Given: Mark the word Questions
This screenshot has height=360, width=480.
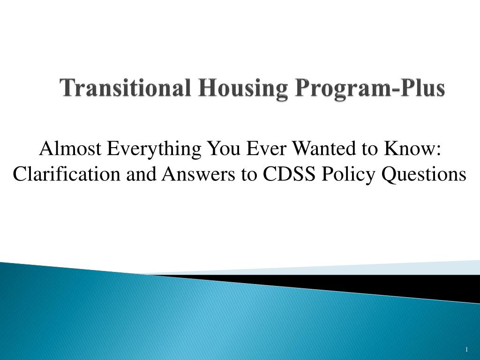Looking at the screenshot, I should [426, 174].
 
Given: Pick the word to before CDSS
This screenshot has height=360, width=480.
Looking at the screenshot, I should [250, 174].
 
